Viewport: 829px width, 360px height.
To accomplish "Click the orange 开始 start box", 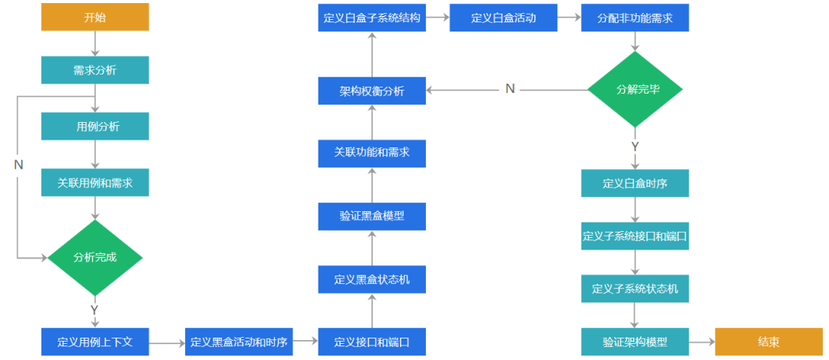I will coord(94,18).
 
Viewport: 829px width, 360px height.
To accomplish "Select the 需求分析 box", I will coord(94,70).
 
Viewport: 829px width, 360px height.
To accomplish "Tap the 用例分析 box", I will coord(94,127).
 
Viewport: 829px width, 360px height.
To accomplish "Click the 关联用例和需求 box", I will coord(94,183).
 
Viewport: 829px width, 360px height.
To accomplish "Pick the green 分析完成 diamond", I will coord(95,257).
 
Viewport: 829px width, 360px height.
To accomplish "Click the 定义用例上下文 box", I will coord(94,342).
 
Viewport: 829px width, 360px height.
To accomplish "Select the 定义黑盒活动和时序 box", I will coord(239,342).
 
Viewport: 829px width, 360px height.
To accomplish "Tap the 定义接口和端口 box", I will coord(372,342).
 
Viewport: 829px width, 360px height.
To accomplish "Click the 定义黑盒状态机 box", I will coord(372,279).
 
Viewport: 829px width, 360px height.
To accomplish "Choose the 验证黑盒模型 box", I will coord(372,216).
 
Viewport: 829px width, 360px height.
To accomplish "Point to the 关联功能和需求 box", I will coord(372,153).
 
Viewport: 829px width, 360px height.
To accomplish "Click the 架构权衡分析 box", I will coord(372,91).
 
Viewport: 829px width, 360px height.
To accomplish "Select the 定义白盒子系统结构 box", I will coord(372,18).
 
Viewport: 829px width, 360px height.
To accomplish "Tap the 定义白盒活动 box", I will coord(504,18).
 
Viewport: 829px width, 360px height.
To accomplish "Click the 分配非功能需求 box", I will coord(635,18).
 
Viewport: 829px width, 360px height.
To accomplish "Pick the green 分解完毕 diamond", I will coord(635,89).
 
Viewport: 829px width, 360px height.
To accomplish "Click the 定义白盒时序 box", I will coord(635,183).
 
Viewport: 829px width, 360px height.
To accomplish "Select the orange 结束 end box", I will coord(768,342).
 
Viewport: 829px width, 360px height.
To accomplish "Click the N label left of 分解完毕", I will coord(510,89).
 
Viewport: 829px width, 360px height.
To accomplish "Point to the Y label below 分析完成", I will coord(94,310).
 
